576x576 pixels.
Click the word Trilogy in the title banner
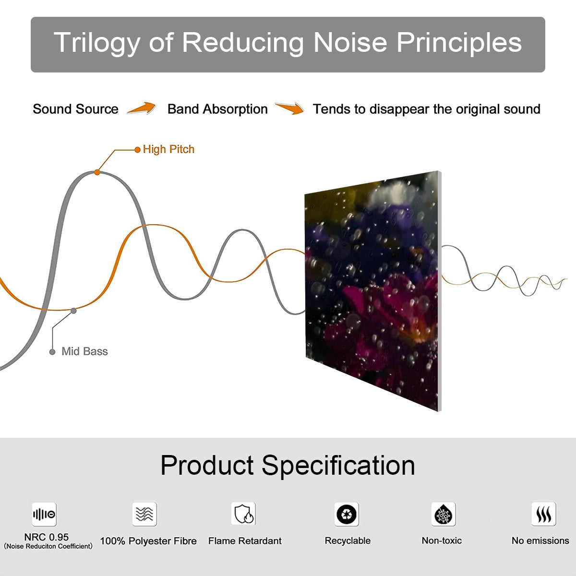pyautogui.click(x=96, y=43)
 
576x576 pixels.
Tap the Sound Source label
pyautogui.click(x=75, y=109)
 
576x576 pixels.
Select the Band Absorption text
pyautogui.click(x=217, y=109)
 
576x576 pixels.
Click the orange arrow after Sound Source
pyautogui.click(x=142, y=108)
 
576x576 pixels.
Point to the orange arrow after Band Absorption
pyautogui.click(x=289, y=108)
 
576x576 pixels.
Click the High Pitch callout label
pyautogui.click(x=168, y=149)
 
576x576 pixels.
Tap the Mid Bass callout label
pyautogui.click(x=84, y=351)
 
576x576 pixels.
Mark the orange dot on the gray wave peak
pyautogui.click(x=97, y=172)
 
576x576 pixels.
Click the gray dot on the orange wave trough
pyautogui.click(x=73, y=311)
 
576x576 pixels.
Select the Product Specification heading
pyautogui.click(x=288, y=465)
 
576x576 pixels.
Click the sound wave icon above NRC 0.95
pyautogui.click(x=44, y=515)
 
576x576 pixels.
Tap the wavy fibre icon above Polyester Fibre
pyautogui.click(x=144, y=514)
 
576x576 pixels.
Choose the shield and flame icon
pyautogui.click(x=244, y=514)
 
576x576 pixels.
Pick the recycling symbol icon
pyautogui.click(x=347, y=514)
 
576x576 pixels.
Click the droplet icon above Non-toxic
pyautogui.click(x=443, y=515)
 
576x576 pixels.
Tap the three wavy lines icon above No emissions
pyautogui.click(x=543, y=514)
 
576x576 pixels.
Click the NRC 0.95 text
pyautogui.click(x=47, y=537)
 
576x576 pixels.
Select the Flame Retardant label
pyautogui.click(x=245, y=541)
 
